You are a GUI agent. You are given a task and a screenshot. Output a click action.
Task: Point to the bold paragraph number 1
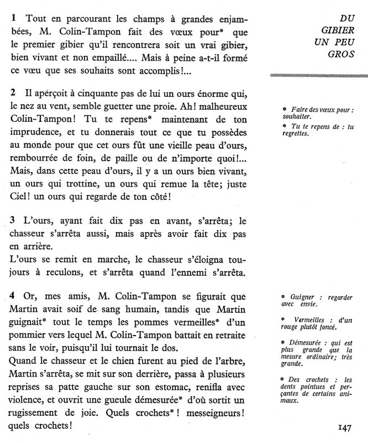click(x=13, y=18)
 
